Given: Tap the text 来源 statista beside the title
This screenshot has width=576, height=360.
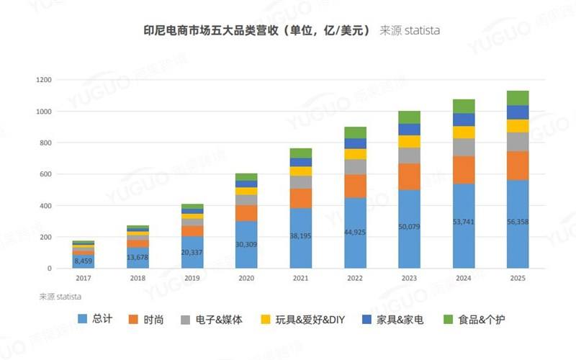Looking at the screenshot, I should coord(410,31).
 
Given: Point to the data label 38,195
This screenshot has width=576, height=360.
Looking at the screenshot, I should coord(300,235).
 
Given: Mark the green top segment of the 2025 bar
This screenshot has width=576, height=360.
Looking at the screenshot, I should coord(517,98).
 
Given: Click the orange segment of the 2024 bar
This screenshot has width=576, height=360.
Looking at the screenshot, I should coord(463,170).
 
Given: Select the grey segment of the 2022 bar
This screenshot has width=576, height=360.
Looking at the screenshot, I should coord(354,166).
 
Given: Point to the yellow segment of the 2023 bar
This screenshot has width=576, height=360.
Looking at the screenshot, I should coord(409,141).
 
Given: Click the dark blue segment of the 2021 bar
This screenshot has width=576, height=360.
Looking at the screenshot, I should coord(300,162).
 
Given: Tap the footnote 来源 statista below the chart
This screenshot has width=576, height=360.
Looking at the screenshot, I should coord(60,296).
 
